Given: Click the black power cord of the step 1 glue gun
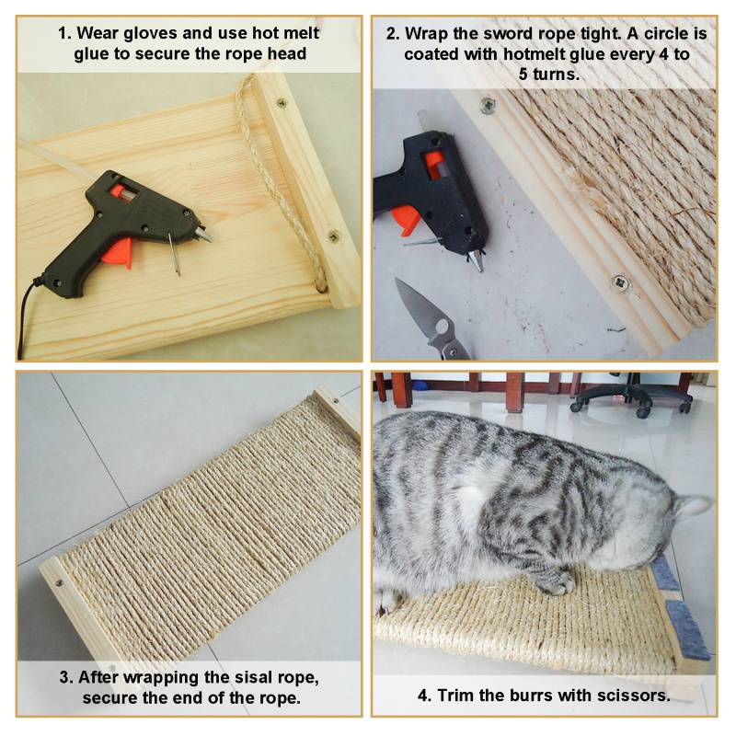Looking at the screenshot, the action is [26, 319].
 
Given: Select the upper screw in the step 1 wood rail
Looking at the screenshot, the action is [282, 102].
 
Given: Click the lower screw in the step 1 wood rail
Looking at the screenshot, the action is [334, 236].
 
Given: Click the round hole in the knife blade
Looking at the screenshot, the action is [442, 326].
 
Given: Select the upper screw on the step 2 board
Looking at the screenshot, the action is [488, 106].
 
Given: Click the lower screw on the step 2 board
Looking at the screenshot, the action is [621, 283].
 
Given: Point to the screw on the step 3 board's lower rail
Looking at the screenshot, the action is [59, 583].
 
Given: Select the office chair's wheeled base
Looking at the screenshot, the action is [631, 401].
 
